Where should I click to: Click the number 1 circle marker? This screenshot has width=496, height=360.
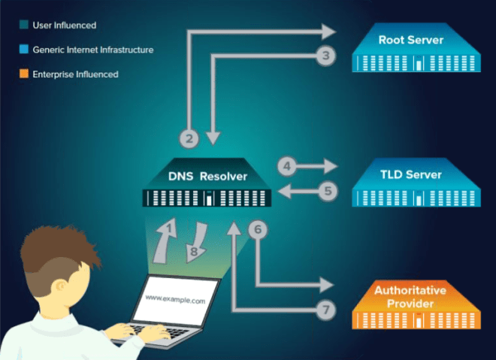pyautogui.click(x=171, y=227)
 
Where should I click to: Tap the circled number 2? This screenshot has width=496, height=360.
pyautogui.click(x=190, y=138)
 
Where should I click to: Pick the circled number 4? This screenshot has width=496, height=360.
pyautogui.click(x=286, y=165)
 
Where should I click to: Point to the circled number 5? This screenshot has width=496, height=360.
pyautogui.click(x=326, y=191)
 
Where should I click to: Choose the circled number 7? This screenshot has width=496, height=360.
pyautogui.click(x=325, y=309)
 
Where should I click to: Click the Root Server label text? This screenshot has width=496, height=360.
pyautogui.click(x=410, y=40)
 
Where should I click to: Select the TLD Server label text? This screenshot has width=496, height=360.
pyautogui.click(x=410, y=175)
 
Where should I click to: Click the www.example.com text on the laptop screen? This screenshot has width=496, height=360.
pyautogui.click(x=175, y=299)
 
